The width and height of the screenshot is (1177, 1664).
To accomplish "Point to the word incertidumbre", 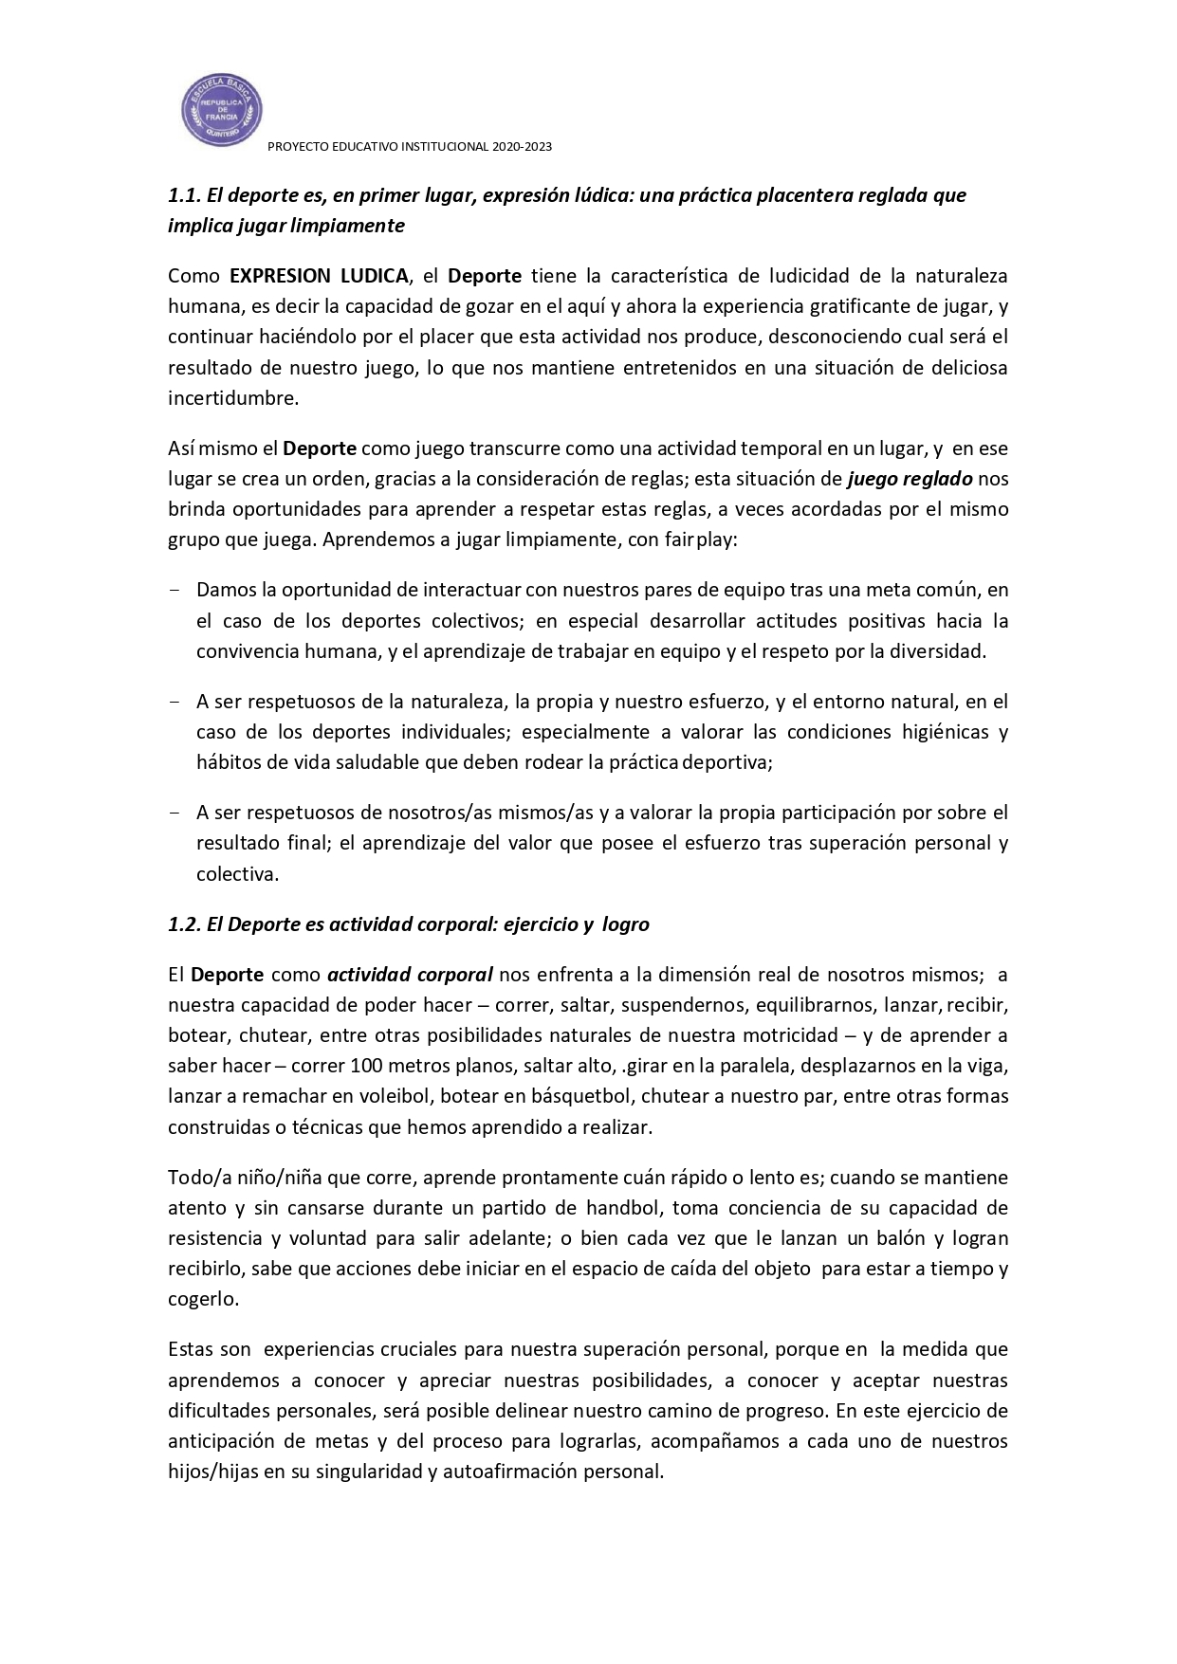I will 232,398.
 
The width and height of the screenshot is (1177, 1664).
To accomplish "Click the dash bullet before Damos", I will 175,590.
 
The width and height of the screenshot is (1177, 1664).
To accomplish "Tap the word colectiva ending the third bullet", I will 237,874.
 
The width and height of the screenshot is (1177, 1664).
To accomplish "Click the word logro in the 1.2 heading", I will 626,924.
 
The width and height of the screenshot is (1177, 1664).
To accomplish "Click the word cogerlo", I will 203,1299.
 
